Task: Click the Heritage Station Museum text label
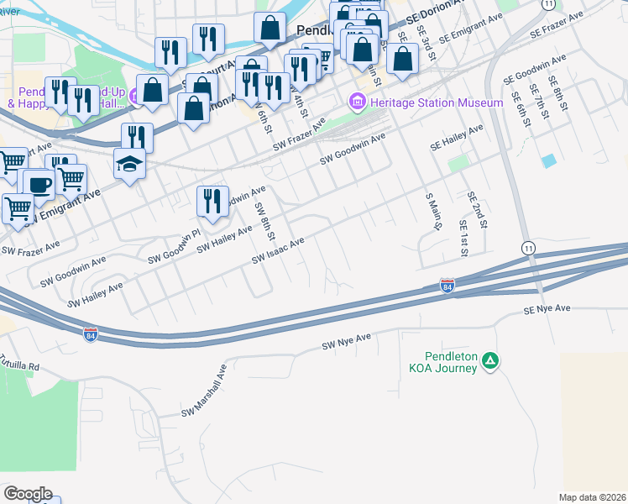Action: pyautogui.click(x=437, y=102)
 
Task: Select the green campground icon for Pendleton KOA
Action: pyautogui.click(x=491, y=362)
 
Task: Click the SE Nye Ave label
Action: pyautogui.click(x=547, y=309)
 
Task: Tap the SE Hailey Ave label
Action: pyautogui.click(x=457, y=137)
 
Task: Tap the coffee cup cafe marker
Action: pyautogui.click(x=39, y=184)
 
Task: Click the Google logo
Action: pyautogui.click(x=28, y=494)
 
